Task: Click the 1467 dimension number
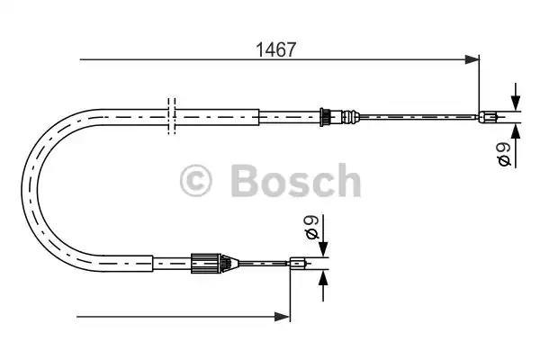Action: pos(275,49)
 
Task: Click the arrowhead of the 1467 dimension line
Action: pos(472,59)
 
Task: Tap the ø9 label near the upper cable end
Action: pos(505,154)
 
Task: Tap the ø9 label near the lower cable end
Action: pos(312,227)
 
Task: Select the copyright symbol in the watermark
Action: pos(195,181)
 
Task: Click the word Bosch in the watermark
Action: pos(296,181)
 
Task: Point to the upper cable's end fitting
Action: pos(488,117)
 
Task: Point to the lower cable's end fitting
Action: pos(298,264)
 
